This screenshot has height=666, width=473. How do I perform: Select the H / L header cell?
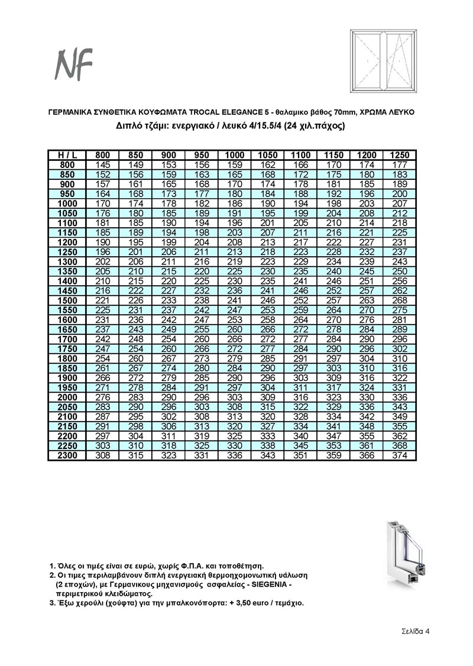click(67, 155)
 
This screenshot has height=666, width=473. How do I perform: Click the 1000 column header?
click(234, 155)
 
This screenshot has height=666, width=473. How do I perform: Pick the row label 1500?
click(67, 300)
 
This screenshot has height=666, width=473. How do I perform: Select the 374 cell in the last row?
click(400, 456)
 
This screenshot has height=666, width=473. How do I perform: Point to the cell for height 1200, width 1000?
click(234, 242)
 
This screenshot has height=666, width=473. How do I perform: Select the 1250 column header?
click(400, 155)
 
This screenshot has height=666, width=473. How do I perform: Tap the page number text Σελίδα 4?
click(412, 631)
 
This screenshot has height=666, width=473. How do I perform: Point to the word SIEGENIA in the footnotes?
click(268, 584)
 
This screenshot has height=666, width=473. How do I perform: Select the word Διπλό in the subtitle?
click(130, 126)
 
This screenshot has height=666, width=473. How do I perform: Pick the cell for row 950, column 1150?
click(334, 193)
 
